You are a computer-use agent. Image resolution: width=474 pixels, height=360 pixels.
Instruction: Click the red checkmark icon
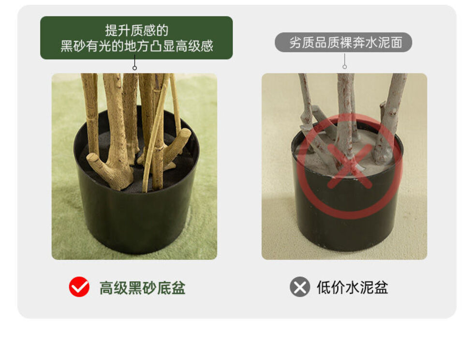(x=79, y=286)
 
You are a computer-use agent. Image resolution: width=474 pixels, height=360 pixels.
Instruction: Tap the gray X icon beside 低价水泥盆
(x=300, y=286)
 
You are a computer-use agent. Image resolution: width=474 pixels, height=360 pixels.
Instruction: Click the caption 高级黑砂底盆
(x=142, y=288)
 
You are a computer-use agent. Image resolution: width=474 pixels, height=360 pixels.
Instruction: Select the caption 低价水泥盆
(x=352, y=287)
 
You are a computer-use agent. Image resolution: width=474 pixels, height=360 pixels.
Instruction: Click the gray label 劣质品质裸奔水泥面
(x=343, y=43)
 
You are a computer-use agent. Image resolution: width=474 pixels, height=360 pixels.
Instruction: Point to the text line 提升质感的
(x=136, y=30)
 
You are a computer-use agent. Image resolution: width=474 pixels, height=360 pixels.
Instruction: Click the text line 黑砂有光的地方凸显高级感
(x=136, y=46)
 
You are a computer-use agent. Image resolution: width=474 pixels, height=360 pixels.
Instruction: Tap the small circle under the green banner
(x=134, y=68)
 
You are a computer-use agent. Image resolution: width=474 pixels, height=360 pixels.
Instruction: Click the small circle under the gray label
(x=344, y=67)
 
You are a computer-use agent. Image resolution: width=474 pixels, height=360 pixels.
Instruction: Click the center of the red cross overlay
(x=350, y=166)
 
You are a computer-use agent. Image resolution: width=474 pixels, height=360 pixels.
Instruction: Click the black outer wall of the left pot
(x=136, y=221)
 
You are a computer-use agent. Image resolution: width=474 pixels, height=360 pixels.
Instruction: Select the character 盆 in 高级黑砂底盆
(x=178, y=288)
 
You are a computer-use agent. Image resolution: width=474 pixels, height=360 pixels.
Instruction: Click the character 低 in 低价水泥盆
(x=324, y=287)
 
